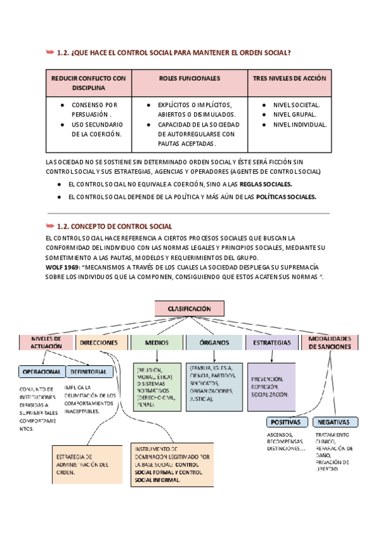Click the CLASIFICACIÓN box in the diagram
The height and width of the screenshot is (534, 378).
(190, 309)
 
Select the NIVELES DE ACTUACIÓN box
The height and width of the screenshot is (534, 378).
(46, 342)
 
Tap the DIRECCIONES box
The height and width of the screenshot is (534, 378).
(100, 343)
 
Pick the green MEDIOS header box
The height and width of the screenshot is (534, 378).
(157, 343)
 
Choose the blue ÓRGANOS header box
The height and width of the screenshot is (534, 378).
(214, 343)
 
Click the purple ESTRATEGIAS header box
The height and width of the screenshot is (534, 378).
(272, 343)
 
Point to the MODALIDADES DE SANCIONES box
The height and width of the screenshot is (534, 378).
(330, 342)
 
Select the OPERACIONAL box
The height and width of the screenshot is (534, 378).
(42, 372)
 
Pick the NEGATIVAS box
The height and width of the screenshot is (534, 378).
(335, 422)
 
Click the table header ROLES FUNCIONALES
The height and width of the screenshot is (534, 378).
(190, 79)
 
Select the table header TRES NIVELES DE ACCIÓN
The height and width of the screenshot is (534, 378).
(289, 79)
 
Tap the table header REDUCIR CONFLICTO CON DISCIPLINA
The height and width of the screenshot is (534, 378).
(88, 83)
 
